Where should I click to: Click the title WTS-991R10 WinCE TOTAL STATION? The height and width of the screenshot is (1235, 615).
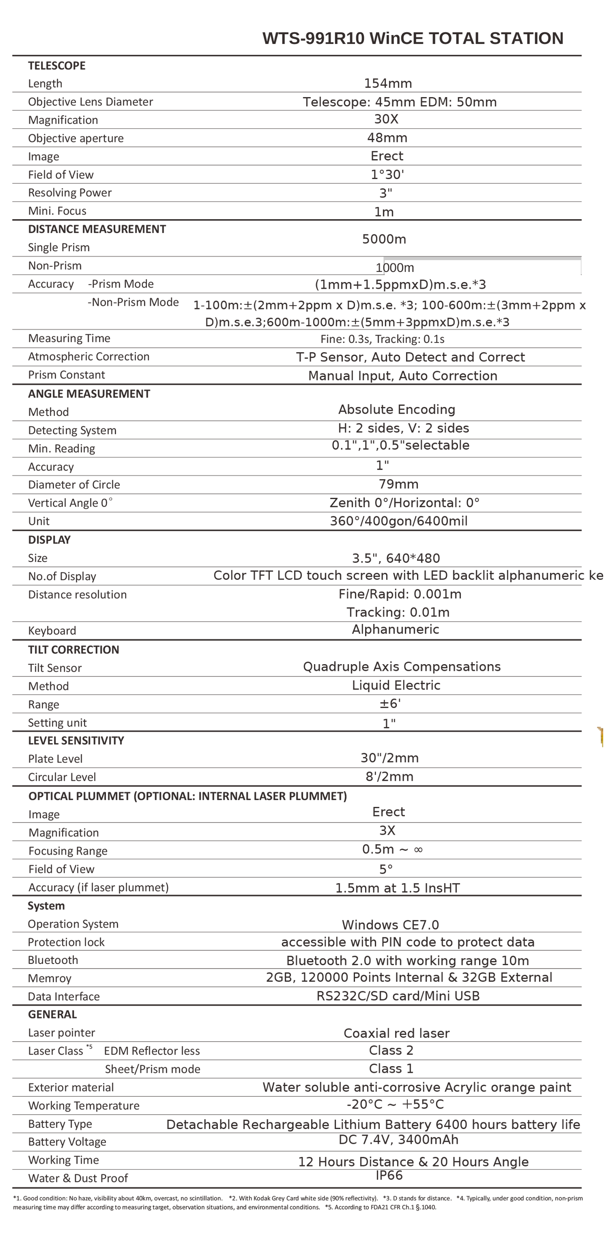click(412, 38)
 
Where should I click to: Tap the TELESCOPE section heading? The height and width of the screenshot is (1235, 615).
click(57, 66)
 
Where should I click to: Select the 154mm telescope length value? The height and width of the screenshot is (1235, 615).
click(388, 84)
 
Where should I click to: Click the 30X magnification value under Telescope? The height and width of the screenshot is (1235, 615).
click(386, 119)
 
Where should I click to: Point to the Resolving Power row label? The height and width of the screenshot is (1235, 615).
click(70, 193)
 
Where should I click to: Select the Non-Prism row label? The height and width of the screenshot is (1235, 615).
click(54, 266)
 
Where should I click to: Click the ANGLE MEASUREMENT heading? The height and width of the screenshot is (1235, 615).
click(89, 394)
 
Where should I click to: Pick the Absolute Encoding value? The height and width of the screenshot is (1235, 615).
click(396, 410)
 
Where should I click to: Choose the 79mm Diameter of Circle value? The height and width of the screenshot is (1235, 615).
click(398, 484)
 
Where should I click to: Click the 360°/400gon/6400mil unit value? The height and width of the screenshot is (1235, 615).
click(398, 521)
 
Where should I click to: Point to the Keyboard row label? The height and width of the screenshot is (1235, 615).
click(52, 630)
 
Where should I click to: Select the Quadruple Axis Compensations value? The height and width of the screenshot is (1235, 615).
click(402, 666)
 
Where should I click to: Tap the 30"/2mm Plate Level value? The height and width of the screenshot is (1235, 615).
click(389, 758)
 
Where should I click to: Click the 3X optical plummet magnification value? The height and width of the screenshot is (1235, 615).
click(387, 831)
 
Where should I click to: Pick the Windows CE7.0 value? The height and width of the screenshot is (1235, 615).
click(390, 925)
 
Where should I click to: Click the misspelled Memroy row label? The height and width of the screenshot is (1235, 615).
click(49, 979)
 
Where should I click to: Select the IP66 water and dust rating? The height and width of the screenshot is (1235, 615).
click(389, 1175)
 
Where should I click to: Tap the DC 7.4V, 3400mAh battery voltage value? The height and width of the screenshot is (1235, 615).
click(398, 1140)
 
